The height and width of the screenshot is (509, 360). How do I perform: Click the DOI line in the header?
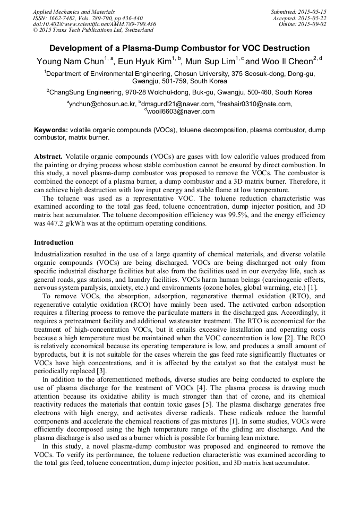[x=94, y=24]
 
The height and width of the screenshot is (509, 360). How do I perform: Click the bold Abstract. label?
[x=49, y=157]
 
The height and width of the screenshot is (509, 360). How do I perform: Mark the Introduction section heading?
[x=54, y=243]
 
